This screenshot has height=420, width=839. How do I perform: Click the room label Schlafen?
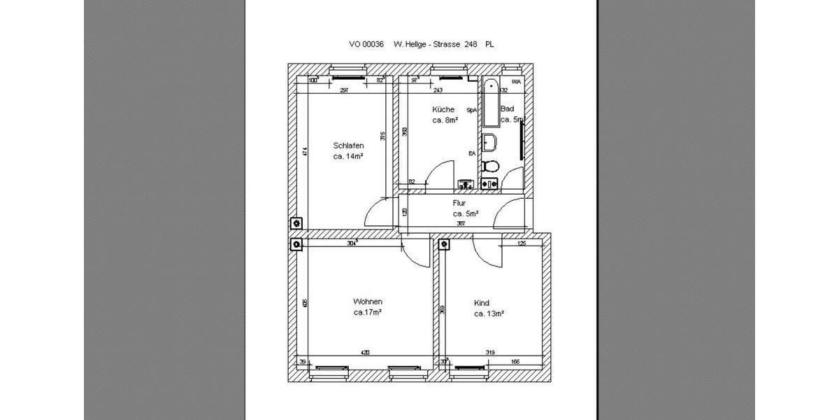(x=349, y=146)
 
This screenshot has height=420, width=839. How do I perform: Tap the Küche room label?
(x=443, y=109)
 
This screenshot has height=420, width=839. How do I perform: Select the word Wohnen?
(x=367, y=301)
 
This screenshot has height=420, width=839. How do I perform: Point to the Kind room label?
(x=482, y=303)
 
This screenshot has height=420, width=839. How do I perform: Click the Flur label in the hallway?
(x=459, y=203)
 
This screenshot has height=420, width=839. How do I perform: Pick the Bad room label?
(x=508, y=109)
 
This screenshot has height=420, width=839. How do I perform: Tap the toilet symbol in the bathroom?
(x=490, y=167)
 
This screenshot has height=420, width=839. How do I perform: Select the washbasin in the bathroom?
(x=489, y=142)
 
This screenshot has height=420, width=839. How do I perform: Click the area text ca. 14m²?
(x=348, y=157)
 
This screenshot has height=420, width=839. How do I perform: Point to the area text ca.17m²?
(x=367, y=312)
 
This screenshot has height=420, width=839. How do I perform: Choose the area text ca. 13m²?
(x=489, y=314)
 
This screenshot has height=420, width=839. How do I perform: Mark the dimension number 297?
(x=344, y=90)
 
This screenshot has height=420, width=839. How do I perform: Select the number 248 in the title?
(x=471, y=44)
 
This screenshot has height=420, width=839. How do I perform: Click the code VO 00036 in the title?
(x=366, y=44)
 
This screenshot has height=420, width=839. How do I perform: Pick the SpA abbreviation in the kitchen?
(x=472, y=110)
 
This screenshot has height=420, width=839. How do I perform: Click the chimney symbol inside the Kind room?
(x=443, y=244)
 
